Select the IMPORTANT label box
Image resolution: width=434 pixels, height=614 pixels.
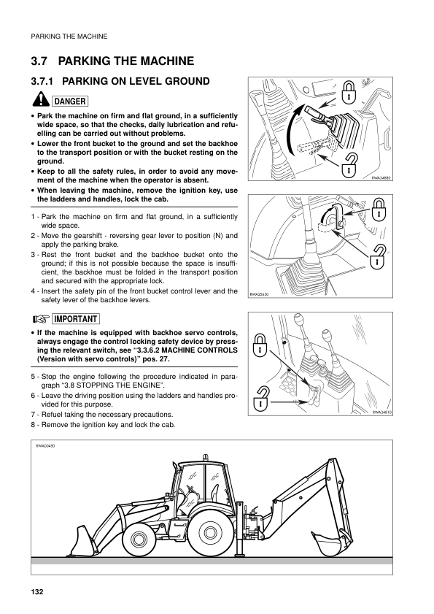point(76,319)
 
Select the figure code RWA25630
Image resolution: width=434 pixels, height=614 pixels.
point(260,295)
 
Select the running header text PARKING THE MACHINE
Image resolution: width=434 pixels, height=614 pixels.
point(68,35)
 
